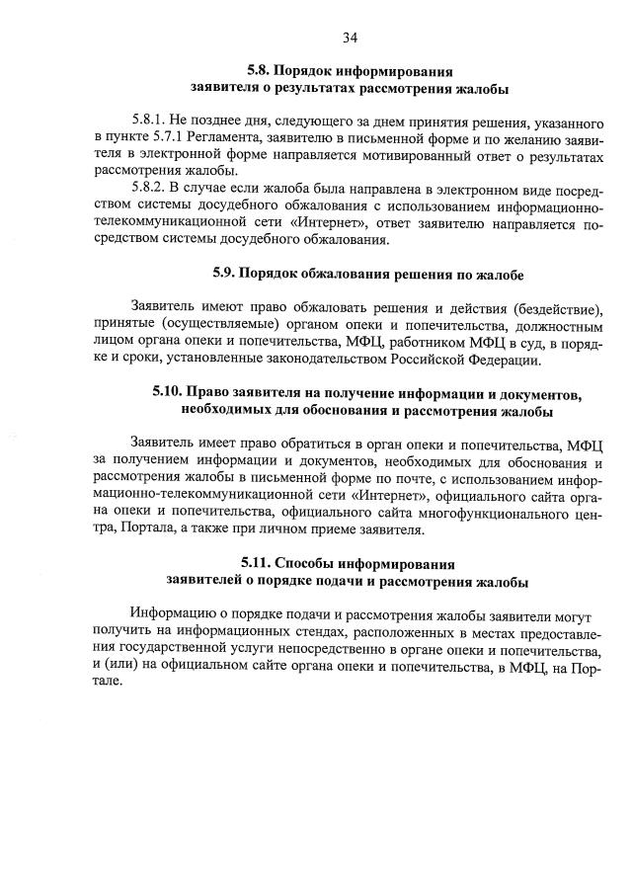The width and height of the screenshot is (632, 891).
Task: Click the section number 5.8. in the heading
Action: [x=260, y=72]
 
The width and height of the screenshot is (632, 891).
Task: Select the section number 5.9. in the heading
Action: [x=226, y=272]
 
